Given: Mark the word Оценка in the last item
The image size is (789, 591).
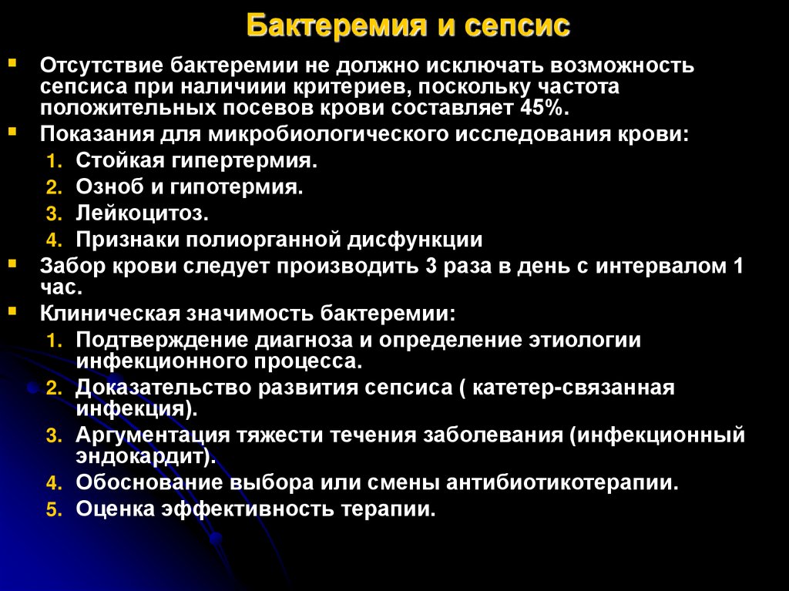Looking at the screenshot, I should pos(112,509).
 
